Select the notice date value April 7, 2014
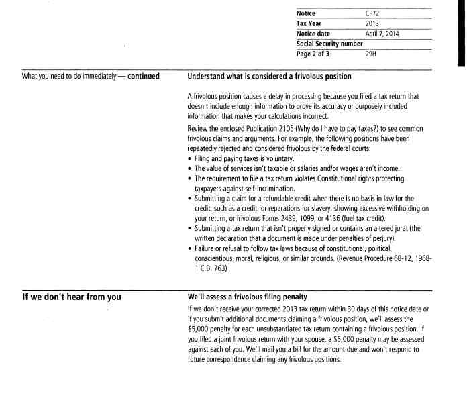click(x=382, y=34)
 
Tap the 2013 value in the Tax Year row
click(x=372, y=23)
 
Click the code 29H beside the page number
click(x=371, y=54)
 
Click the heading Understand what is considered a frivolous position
click(x=269, y=76)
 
